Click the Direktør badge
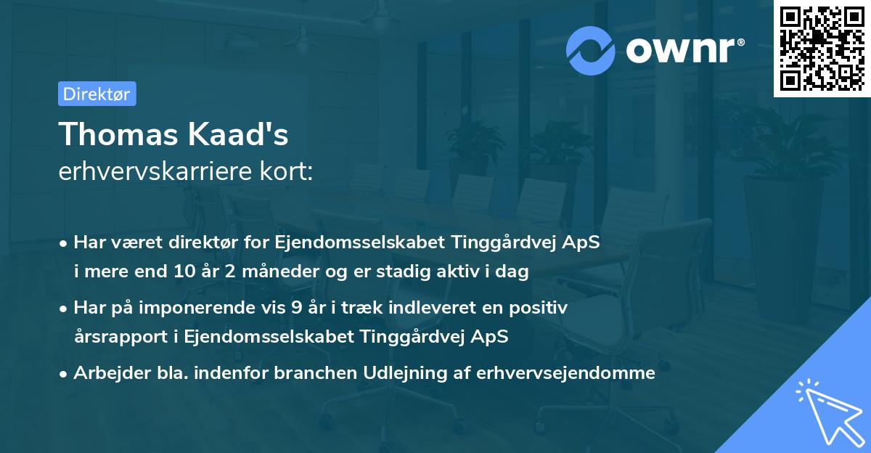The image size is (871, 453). pos(97,94)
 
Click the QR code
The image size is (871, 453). pos(822,49)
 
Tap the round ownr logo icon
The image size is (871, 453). pos(591,50)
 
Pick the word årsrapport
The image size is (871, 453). pos(113,337)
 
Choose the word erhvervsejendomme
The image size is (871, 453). pos(566,373)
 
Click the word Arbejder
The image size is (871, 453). pos(108,373)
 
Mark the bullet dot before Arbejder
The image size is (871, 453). pos(64,374)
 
